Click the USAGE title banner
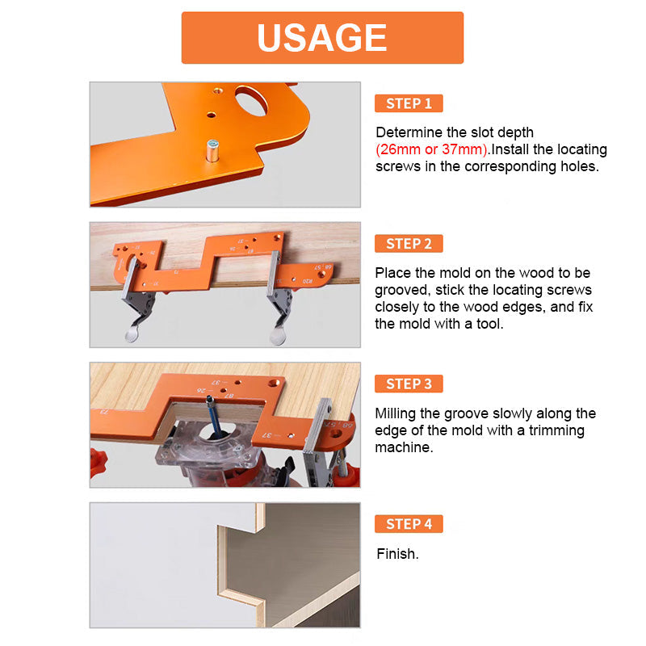pos(322,37)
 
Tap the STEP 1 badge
pos(409,103)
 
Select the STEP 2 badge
pos(409,244)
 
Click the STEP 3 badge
pos(409,384)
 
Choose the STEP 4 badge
pos(409,524)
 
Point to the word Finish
pos(397,555)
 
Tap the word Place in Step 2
pos(392,273)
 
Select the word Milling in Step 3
pos(396,413)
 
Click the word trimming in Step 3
pos(556,430)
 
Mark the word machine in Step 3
pos(404,447)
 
